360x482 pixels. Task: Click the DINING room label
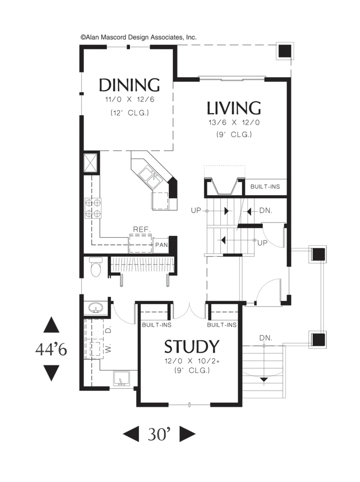point(129,85)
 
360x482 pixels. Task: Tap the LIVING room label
point(233,108)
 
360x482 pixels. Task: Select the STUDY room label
point(192,347)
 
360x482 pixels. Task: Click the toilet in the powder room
point(96,267)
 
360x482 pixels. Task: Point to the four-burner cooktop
point(93,208)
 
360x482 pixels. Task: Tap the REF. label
point(142,229)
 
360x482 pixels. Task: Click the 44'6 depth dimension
point(51,349)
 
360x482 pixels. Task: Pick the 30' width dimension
point(159,434)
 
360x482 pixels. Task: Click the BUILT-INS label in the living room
point(265,186)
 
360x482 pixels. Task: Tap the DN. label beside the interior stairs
point(265,210)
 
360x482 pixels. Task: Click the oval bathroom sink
point(96,307)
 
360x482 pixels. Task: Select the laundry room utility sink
point(121,378)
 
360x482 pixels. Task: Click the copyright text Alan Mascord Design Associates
point(138,37)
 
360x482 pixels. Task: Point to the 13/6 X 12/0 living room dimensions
point(234,122)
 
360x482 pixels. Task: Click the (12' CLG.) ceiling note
point(130,113)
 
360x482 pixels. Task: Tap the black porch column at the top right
point(285,51)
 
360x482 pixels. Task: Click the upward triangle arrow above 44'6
point(51,325)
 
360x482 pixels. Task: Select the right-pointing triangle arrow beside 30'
point(187,434)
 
